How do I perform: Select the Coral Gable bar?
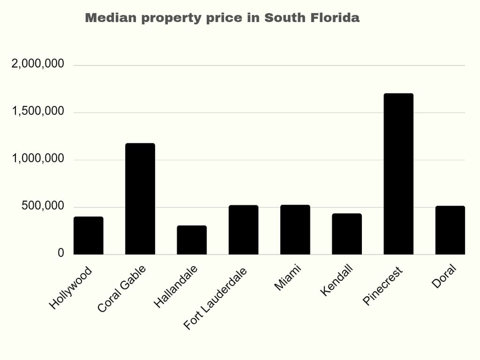click(140, 199)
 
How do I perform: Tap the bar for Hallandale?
click(192, 240)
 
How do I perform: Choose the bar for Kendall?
click(347, 234)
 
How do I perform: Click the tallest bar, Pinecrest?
click(398, 174)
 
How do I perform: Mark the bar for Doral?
click(450, 230)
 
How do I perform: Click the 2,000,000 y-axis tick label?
click(37, 64)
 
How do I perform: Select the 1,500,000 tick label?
click(37, 111)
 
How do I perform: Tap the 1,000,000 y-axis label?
click(37, 159)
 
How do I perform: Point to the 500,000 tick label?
click(43, 206)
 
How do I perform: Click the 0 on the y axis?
click(61, 253)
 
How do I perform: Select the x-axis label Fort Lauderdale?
click(216, 299)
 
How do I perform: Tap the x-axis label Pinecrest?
click(383, 287)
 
